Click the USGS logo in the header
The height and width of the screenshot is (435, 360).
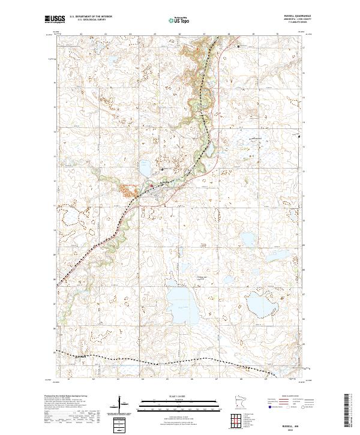point(54,20)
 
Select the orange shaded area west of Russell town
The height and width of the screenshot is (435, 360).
point(127,191)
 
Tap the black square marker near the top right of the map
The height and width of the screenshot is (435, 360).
point(238,46)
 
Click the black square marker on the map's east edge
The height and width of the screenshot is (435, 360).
point(301,137)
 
